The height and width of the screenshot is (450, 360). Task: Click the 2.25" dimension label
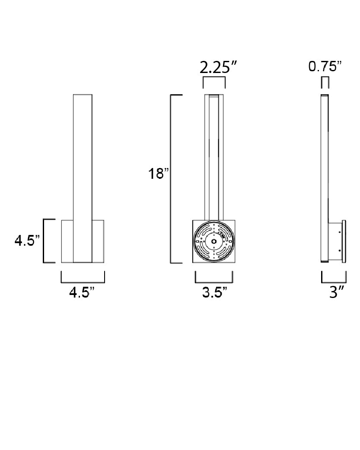pos(218,67)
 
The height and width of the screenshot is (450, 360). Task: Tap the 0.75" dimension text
pos(325,67)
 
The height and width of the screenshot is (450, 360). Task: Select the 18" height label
pos(158,174)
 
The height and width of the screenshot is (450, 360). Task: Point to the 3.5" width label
pos(215,292)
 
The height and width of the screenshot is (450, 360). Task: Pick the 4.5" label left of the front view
pos(27,240)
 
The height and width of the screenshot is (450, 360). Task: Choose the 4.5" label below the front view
pos(82,292)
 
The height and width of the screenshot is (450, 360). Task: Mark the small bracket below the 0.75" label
pos(325,77)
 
